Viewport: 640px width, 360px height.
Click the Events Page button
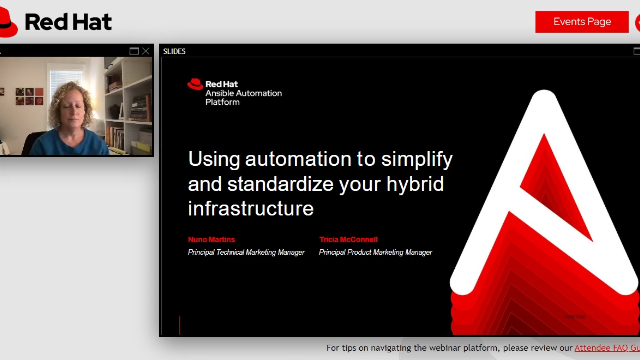pyautogui.click(x=582, y=22)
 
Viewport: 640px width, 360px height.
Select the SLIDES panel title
pyautogui.click(x=174, y=51)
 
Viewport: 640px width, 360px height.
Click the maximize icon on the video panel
pyautogui.click(x=135, y=51)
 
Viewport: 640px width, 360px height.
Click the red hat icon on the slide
pyautogui.click(x=195, y=85)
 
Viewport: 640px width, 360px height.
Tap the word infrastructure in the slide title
pyautogui.click(x=250, y=209)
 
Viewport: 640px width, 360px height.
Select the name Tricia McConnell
pyautogui.click(x=349, y=240)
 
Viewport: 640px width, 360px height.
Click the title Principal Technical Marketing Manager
pyautogui.click(x=246, y=253)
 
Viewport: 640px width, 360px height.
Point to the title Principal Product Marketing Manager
pyautogui.click(x=375, y=253)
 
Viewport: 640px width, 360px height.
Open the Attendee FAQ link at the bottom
pyautogui.click(x=606, y=349)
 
